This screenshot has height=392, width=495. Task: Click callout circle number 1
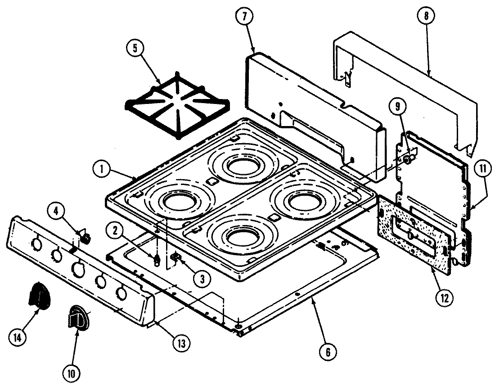[103, 170]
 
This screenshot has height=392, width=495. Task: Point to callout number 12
[444, 297]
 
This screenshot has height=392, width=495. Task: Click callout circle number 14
[18, 336]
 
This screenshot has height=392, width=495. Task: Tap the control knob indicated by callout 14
[38, 296]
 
